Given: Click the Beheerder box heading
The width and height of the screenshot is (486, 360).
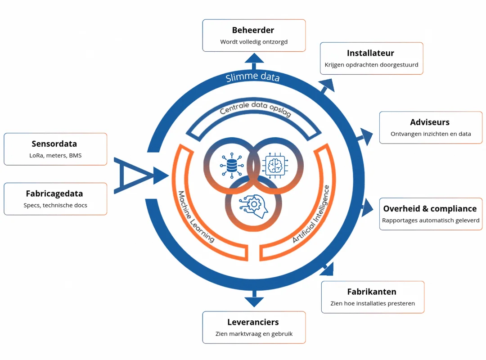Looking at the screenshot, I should tap(253, 30).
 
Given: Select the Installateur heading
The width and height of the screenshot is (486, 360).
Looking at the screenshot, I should tap(370, 53).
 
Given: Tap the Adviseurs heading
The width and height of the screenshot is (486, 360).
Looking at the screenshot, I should tap(430, 122).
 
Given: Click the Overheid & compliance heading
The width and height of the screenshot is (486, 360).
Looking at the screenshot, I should tap(430, 209).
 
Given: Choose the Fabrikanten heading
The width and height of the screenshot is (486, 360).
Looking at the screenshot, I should tap(372, 292).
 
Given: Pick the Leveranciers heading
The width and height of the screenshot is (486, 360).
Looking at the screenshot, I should tap(253, 322).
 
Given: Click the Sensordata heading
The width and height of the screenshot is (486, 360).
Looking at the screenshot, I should tap(54, 144).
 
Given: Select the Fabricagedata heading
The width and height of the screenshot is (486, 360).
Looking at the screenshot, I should tap(54, 194).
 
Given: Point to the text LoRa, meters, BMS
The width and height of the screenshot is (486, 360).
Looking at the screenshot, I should tap(55, 156).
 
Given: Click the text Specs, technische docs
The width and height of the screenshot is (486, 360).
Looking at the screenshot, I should tap(55, 206).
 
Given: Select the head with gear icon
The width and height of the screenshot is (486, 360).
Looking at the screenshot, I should tap(253, 204).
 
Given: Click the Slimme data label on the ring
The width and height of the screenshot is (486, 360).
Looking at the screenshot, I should tap(252, 77).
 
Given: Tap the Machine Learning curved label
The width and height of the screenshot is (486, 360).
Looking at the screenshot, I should tap(196, 216).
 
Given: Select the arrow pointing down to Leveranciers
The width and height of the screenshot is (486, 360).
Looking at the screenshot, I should tap(254, 301).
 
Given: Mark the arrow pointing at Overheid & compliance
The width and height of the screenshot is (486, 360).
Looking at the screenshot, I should tap(367, 208).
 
